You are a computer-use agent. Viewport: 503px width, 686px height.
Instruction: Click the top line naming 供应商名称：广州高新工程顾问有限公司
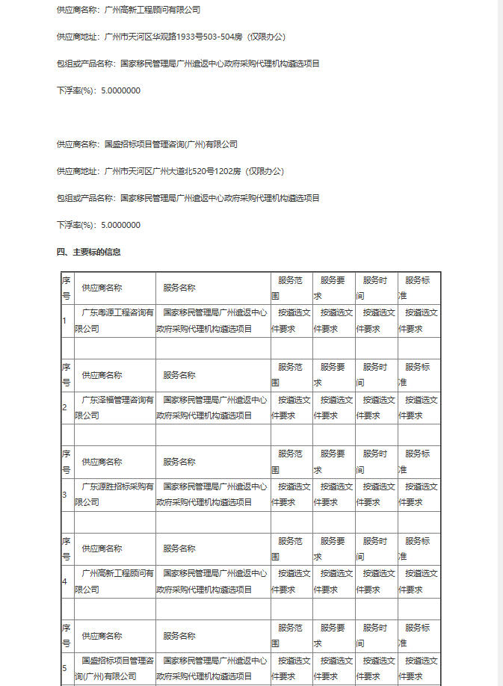coord(128,10)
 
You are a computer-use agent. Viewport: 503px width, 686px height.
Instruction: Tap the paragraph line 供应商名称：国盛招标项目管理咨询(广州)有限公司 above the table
coord(146,144)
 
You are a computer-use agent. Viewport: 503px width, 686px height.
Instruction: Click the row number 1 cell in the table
coord(66,321)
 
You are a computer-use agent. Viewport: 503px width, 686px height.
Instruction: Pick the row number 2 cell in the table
coord(66,407)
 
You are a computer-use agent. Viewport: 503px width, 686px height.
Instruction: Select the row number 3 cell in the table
coord(66,494)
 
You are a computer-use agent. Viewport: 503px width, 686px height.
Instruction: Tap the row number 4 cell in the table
coord(66,581)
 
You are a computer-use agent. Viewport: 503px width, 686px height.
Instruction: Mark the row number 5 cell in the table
coord(66,667)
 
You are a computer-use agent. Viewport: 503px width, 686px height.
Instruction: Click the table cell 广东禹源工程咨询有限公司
coord(114,321)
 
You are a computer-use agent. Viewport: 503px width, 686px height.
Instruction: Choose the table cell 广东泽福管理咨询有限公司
coord(114,407)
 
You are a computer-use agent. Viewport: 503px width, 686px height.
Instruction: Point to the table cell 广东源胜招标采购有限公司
coord(114,494)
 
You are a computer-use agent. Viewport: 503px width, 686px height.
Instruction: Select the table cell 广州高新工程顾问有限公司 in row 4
coord(114,581)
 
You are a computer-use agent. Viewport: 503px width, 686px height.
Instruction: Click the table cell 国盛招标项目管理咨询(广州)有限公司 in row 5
coord(114,667)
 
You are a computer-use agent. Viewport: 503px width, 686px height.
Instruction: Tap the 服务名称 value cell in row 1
coord(212,321)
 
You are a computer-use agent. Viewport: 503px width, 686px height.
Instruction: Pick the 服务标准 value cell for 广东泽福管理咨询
coord(419,407)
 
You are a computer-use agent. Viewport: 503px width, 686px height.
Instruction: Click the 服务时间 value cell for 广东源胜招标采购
coord(376,494)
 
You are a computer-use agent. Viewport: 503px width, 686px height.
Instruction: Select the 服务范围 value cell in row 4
coord(291,581)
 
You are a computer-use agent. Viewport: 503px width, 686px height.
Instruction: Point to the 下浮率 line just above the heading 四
coord(99,225)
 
